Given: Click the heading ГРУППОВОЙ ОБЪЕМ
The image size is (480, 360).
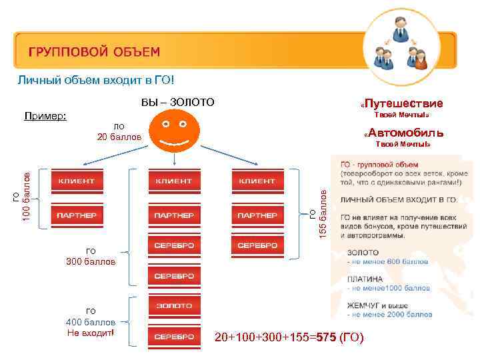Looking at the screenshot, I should click(94, 51).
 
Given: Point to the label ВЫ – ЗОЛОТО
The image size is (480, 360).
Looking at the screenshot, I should click(178, 102).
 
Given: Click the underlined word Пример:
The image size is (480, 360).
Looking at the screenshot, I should click(45, 116).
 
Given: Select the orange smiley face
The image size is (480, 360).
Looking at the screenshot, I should click(174, 130).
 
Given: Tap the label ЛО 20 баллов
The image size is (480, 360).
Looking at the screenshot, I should click(119, 131).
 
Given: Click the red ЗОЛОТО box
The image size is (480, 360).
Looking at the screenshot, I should click(175, 306).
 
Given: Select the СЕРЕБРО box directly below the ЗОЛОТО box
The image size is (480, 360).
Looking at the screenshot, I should click(175, 337).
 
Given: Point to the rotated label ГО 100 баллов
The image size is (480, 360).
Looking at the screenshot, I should click(22, 197).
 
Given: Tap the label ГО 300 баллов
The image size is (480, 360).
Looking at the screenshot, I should click(91, 256).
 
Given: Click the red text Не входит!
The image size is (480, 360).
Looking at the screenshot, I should click(91, 333).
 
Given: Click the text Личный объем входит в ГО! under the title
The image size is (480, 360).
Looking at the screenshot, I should click(96, 81).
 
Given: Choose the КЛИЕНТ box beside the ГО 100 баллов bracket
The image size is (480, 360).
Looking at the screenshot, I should click(76, 181).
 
